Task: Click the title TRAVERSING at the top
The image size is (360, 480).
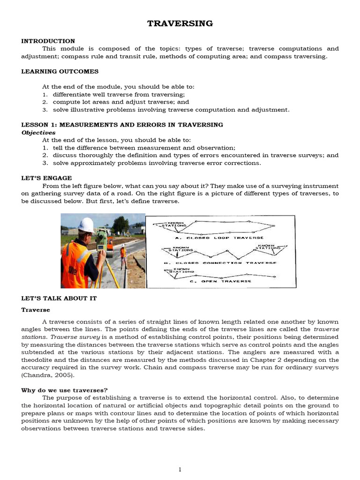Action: point(180,23)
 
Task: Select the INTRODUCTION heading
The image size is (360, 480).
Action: point(48,41)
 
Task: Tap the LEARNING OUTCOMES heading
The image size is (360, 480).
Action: point(60,71)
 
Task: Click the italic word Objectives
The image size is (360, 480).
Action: point(38,133)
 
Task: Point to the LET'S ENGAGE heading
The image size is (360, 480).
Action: point(46,178)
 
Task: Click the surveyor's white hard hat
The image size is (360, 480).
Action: point(86,225)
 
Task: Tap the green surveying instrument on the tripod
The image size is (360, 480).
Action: point(102,234)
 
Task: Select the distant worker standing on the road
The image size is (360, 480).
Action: point(123,256)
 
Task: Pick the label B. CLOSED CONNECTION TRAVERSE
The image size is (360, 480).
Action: point(220,263)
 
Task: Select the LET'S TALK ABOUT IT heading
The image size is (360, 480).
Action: point(59,298)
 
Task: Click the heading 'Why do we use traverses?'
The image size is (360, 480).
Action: point(65,390)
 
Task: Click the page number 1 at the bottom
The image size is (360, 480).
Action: point(180,470)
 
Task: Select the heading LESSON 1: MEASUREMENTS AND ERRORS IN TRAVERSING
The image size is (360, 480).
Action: point(122,125)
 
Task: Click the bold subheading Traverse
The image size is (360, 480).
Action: point(36,310)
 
